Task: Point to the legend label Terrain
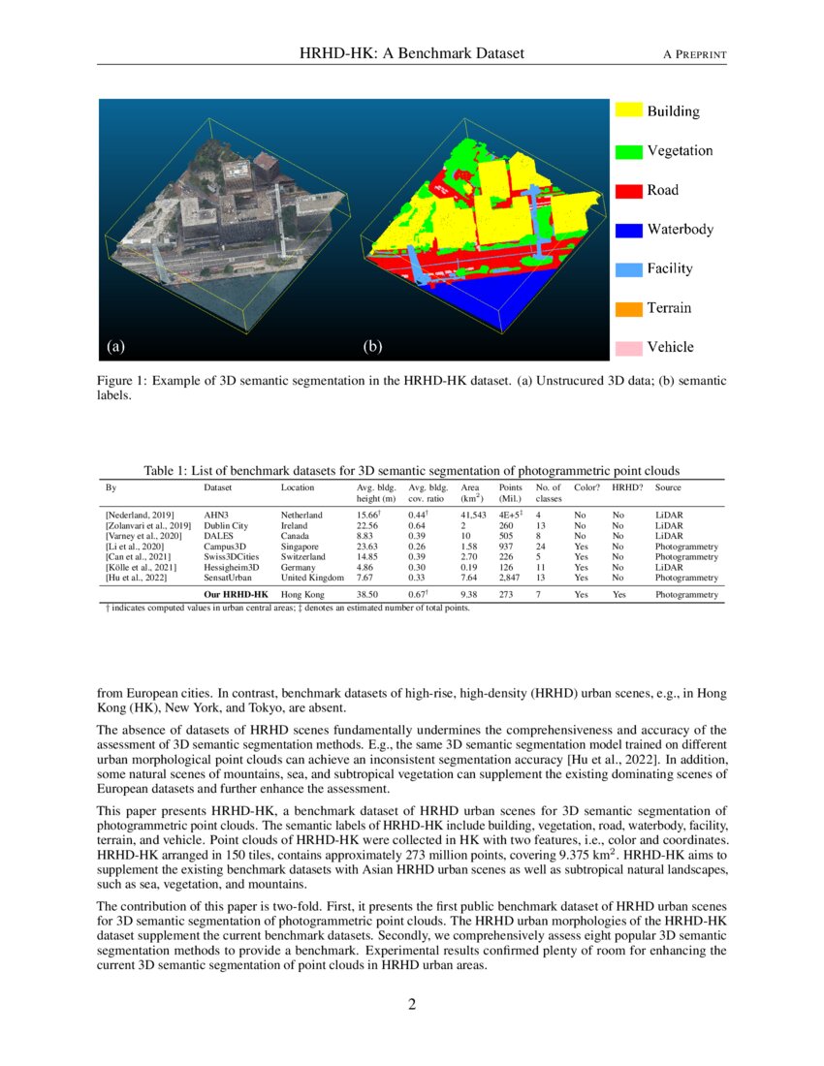669,308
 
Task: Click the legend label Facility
670,268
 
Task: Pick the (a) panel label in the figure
115,346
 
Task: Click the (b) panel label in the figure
372,346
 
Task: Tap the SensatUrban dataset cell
230,577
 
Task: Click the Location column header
298,487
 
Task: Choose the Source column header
669,487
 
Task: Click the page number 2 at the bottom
412,1004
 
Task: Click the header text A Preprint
694,53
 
